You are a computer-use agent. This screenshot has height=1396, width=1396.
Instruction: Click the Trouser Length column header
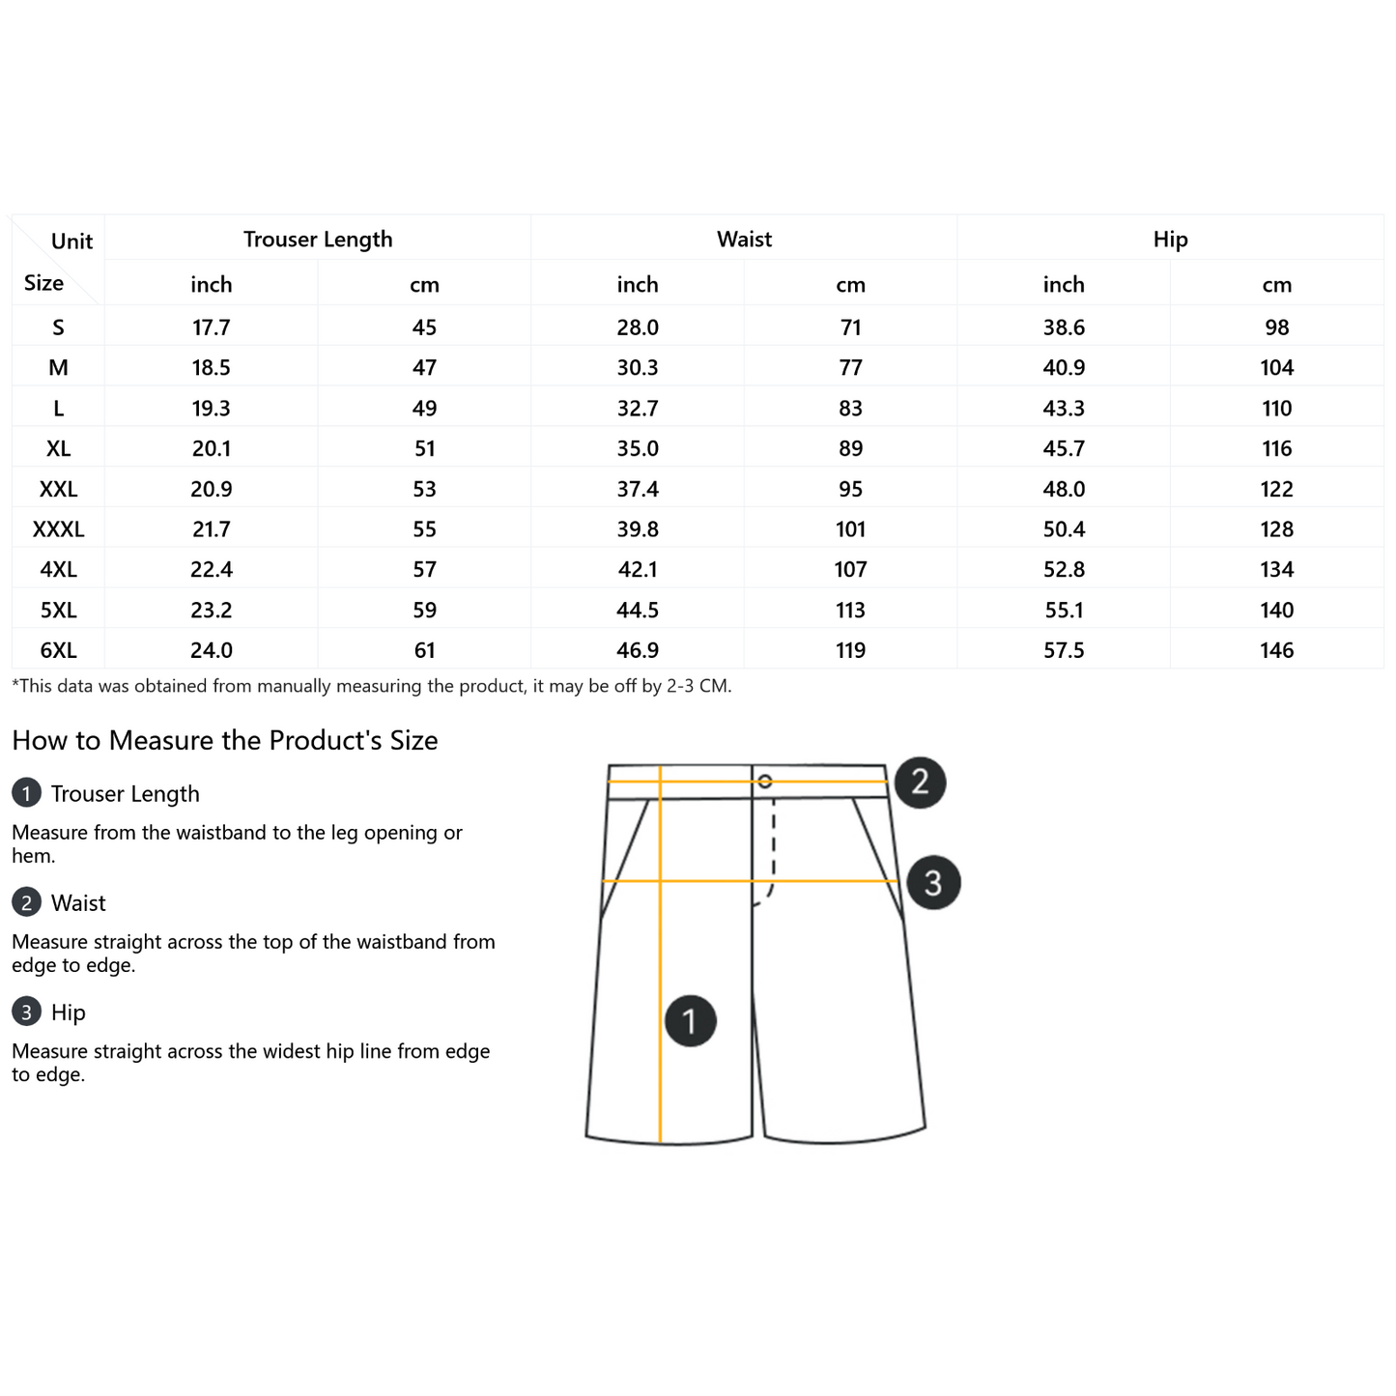click(317, 239)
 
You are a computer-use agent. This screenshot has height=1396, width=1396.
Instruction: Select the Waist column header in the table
click(743, 239)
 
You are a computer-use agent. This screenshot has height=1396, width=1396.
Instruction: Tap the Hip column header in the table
click(1169, 240)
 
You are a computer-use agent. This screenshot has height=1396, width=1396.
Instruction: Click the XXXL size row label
click(58, 528)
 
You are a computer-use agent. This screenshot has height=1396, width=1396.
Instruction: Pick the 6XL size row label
click(58, 650)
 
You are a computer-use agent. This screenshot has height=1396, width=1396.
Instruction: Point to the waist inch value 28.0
click(637, 328)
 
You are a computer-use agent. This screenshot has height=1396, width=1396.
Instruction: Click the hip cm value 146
click(1276, 650)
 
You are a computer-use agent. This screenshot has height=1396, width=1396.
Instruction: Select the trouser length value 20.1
click(211, 448)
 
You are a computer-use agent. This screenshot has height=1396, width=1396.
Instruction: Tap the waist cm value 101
click(850, 528)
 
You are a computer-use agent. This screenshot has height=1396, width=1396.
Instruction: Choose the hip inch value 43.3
click(1063, 408)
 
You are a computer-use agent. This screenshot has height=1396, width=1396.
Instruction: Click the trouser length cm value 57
click(424, 569)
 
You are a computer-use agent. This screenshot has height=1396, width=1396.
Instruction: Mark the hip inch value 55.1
click(1063, 610)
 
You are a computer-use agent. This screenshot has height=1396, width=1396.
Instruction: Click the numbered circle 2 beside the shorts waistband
click(920, 783)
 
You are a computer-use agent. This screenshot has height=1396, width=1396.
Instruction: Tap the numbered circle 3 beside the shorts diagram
click(933, 882)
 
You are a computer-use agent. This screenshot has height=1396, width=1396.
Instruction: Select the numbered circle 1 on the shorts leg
click(690, 1021)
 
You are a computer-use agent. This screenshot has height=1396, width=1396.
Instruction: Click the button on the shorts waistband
click(765, 781)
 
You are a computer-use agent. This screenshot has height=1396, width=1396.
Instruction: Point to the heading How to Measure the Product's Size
click(224, 740)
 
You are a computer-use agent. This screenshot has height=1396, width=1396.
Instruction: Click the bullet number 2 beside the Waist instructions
click(26, 902)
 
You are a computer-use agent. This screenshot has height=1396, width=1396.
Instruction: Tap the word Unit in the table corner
click(71, 242)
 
